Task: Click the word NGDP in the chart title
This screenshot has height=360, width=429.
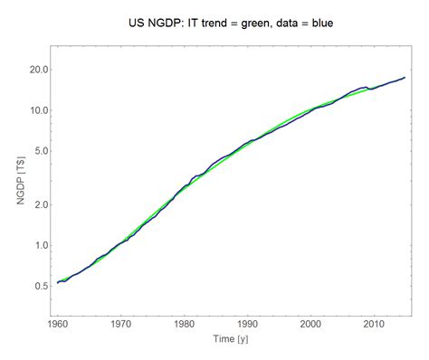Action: pyautogui.click(x=164, y=19)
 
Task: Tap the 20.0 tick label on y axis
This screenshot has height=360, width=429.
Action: pyautogui.click(x=35, y=70)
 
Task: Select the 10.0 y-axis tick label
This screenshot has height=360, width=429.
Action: pyautogui.click(x=35, y=110)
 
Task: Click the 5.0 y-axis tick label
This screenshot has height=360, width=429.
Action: pyautogui.click(x=38, y=151)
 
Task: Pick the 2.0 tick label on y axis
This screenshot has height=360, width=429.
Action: pyautogui.click(x=38, y=204)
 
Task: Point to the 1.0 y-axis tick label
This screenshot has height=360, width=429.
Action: pyautogui.click(x=38, y=245)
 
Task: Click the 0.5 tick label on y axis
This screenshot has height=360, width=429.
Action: pyautogui.click(x=38, y=286)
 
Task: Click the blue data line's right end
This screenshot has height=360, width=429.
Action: pyautogui.click(x=405, y=78)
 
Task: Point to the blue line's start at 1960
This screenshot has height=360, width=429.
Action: pyautogui.click(x=57, y=283)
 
